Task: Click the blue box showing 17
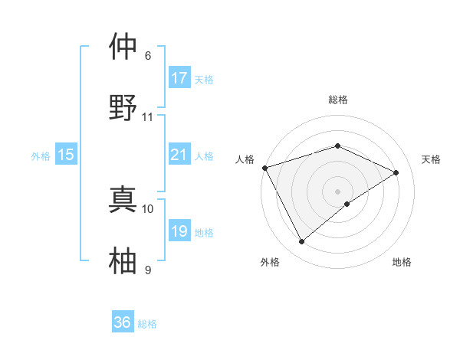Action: pos(179,78)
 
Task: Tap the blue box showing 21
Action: pos(179,155)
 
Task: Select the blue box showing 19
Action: pos(179,231)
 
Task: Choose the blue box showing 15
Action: pos(66,155)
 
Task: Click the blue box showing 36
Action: pos(123,322)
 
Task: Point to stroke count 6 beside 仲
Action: pos(148,56)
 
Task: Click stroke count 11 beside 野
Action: pos(148,117)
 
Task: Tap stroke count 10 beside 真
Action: pos(148,208)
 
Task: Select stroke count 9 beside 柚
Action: pos(148,270)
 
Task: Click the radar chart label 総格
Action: pos(338,100)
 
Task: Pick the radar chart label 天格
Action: pos(432,159)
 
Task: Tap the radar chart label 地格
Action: pos(402,262)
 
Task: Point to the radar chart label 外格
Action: pos(270,262)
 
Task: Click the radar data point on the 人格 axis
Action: pos(264,168)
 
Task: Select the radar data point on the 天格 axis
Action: pos(396,172)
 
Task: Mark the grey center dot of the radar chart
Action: pos(337,191)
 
